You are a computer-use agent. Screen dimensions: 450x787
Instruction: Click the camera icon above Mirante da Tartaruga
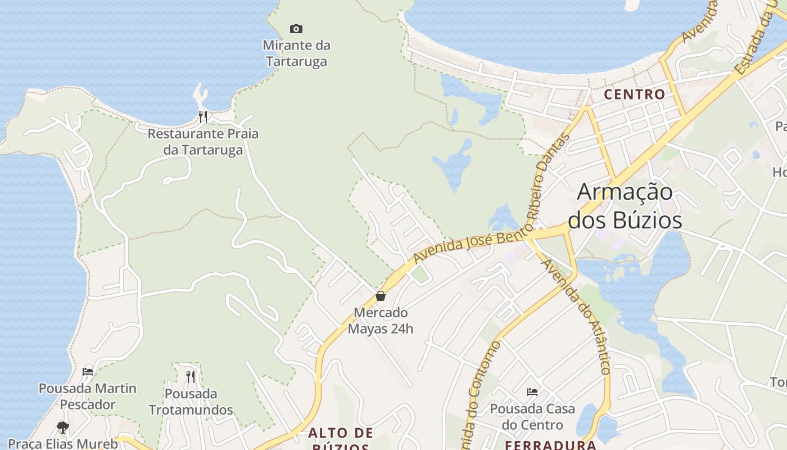(x=296, y=29)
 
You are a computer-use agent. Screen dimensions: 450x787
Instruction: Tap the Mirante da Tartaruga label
(x=296, y=53)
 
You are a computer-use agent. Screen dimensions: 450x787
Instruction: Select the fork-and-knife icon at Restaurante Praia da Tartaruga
(x=203, y=117)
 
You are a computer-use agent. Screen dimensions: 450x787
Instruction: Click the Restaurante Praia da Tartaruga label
(x=203, y=142)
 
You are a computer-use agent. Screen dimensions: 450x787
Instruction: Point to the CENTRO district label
(x=635, y=94)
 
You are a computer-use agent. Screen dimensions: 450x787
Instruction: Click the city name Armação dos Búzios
(x=625, y=206)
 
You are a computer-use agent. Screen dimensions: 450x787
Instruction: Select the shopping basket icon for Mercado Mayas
(x=381, y=296)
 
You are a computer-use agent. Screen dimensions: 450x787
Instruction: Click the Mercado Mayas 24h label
(x=381, y=320)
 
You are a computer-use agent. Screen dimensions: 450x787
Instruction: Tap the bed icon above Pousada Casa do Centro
(x=532, y=391)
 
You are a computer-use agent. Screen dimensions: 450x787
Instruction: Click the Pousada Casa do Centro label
(x=532, y=416)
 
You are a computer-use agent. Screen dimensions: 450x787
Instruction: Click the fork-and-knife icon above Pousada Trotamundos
(x=191, y=376)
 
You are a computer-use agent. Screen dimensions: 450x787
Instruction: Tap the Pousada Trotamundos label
(x=191, y=401)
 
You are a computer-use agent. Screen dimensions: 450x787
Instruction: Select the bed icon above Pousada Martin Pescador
(x=88, y=371)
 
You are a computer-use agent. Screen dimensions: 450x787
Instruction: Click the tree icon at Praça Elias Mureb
(x=63, y=427)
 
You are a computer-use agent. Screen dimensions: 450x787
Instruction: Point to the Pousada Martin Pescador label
(x=88, y=396)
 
